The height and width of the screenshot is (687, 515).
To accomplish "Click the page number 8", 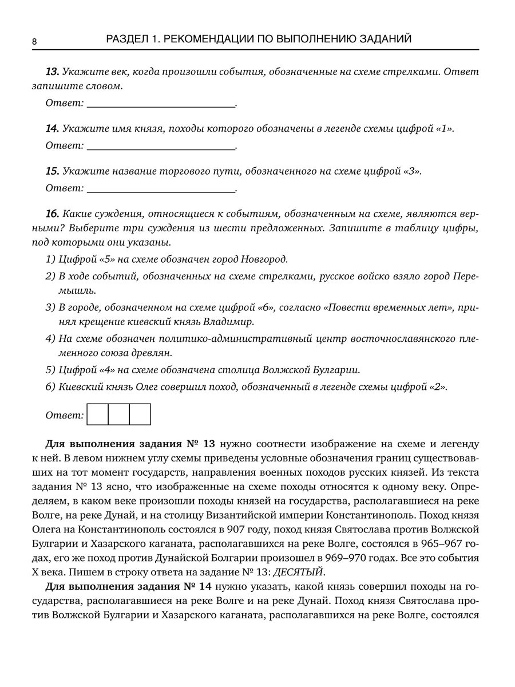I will (x=34, y=42).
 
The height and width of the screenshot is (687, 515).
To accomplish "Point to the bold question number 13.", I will (x=52, y=72).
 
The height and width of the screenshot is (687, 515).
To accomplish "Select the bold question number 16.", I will (x=52, y=214).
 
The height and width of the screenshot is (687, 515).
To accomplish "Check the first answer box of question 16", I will (x=97, y=414).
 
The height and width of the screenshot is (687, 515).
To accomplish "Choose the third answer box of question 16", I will (x=140, y=414).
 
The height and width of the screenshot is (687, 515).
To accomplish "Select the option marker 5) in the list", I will (x=50, y=369).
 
